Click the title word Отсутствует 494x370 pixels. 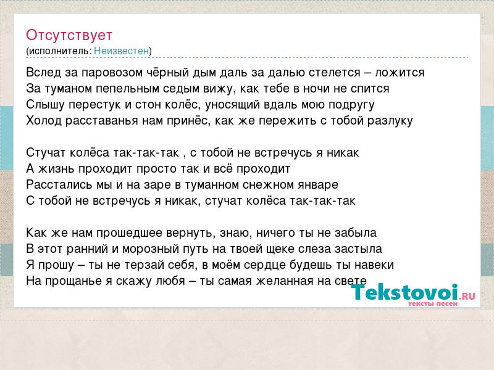coord(69,35)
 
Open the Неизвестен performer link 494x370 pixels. coord(121,51)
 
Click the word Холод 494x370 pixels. coord(44,120)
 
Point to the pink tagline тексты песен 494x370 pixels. coord(433,303)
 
